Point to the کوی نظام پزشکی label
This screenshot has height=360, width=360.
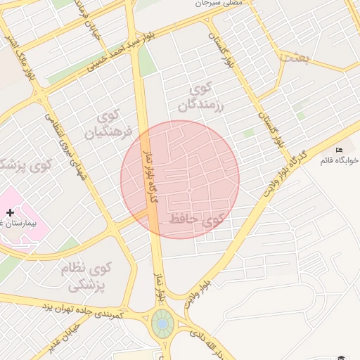click(x=90, y=276)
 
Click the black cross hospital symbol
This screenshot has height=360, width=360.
click(x=10, y=212)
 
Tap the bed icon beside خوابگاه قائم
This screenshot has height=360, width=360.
click(x=340, y=150)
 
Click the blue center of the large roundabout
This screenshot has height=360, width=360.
click(x=162, y=324)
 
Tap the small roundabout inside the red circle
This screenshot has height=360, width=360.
click(x=189, y=191)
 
